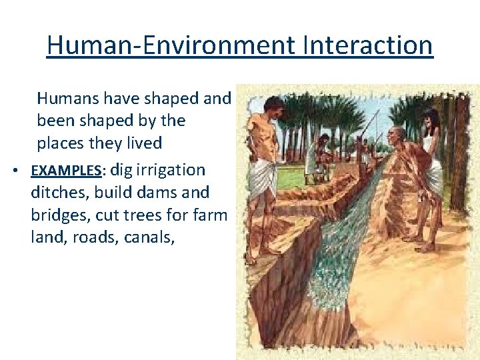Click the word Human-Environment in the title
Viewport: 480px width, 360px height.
(171, 45)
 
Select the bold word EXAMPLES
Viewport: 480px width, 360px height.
(66, 171)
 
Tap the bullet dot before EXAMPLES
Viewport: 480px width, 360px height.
(15, 171)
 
